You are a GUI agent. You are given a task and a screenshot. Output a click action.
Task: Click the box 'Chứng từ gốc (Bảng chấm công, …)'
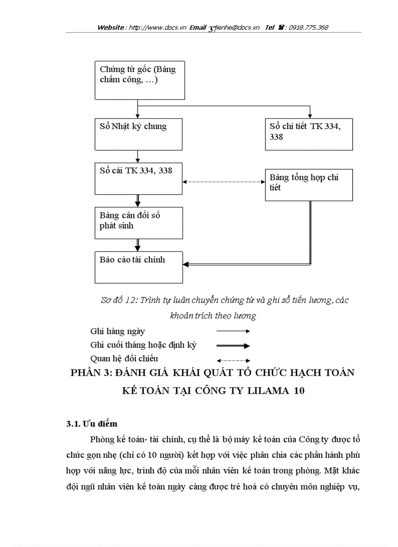(x=139, y=80)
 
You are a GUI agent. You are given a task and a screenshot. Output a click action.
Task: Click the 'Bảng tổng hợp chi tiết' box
(x=308, y=185)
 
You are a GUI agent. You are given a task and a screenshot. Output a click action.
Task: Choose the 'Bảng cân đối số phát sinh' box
(x=139, y=222)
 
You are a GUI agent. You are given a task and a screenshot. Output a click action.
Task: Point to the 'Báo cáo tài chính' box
(x=139, y=267)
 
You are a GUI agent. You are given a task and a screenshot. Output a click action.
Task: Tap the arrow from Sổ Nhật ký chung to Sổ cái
(x=139, y=156)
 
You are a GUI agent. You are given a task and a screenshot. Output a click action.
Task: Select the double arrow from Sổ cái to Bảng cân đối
(x=139, y=200)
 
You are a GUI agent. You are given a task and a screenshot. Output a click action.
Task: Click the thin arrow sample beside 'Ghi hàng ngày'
(x=233, y=331)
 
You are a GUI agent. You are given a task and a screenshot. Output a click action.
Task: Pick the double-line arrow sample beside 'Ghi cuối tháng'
(x=233, y=346)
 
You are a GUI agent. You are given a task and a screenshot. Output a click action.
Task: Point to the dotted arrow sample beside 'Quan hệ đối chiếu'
(x=233, y=360)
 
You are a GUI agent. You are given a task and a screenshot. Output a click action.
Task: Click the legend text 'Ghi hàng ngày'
(x=118, y=331)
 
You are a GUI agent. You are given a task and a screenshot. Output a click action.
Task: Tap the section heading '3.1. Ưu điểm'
(x=92, y=424)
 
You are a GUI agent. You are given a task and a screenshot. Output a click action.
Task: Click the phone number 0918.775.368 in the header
(x=308, y=28)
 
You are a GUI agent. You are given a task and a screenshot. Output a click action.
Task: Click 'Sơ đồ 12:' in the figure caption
(x=119, y=301)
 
